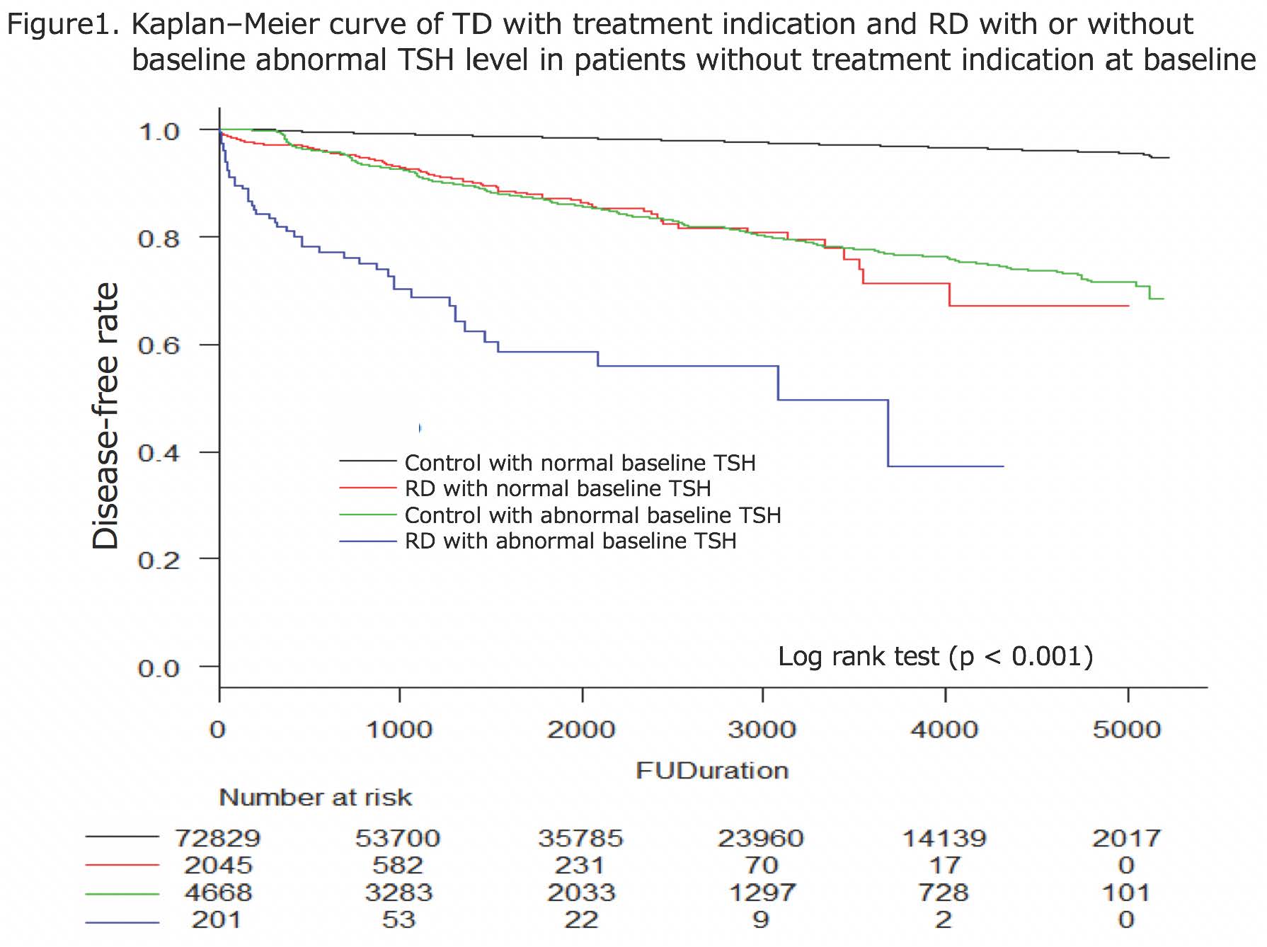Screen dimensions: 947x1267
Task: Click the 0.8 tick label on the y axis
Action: click(159, 239)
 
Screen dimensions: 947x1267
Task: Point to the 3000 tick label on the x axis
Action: click(762, 730)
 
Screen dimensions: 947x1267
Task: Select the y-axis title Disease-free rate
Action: click(106, 416)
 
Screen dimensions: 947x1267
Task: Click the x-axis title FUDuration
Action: click(712, 770)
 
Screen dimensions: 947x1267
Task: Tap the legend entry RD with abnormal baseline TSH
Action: click(570, 541)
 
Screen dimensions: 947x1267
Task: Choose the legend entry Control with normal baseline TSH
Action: click(580, 463)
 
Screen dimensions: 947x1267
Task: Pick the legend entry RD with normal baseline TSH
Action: click(557, 489)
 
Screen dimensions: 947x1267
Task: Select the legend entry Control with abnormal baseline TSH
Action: click(592, 515)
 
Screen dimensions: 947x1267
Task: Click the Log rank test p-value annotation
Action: click(935, 656)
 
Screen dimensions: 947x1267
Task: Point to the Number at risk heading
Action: click(316, 798)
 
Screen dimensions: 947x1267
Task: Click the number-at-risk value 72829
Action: click(218, 838)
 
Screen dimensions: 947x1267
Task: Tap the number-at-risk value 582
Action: click(399, 865)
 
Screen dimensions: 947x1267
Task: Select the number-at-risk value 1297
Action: click(762, 893)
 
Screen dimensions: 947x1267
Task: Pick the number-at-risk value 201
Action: click(218, 919)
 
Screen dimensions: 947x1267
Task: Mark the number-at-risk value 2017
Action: click(1126, 838)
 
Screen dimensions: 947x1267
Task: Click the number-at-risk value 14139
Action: click(944, 838)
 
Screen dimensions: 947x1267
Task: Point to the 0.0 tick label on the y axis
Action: click(159, 668)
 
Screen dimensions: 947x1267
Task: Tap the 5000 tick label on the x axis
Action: click(1126, 730)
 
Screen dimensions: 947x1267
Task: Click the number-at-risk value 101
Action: click(1126, 893)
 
